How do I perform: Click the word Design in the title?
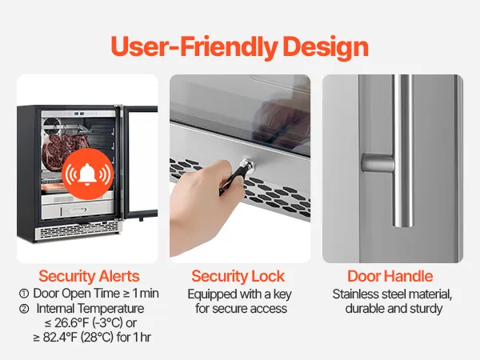[x=326, y=47]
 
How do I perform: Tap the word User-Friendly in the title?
[x=194, y=47]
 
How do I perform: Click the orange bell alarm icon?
[x=88, y=174]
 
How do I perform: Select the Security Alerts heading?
[x=89, y=276]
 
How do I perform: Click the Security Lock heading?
[x=238, y=276]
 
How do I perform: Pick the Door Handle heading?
[x=390, y=276]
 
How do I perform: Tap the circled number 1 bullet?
[x=24, y=294]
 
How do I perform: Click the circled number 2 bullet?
[x=24, y=309]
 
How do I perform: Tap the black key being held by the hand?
[x=234, y=180]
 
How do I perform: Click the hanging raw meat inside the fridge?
[x=62, y=150]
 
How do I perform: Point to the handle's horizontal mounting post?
[x=378, y=163]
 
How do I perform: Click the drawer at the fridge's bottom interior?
[x=78, y=210]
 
